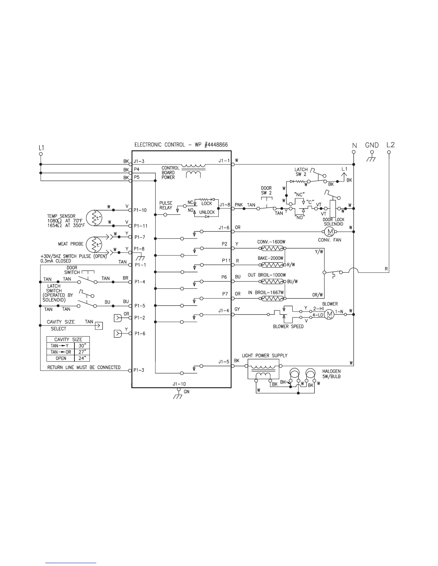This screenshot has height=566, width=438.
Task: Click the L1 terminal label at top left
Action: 41,147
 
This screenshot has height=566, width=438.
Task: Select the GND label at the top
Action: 372,145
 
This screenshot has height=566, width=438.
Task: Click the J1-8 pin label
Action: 224,205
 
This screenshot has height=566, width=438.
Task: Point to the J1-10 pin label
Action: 179,384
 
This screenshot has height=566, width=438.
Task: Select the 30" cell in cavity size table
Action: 82,346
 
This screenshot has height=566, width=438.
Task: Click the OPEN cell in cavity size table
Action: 61,358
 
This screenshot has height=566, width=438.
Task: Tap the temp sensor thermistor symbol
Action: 95,218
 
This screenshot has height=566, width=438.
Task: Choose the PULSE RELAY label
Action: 166,205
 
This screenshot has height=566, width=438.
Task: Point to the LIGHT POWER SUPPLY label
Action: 264,356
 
